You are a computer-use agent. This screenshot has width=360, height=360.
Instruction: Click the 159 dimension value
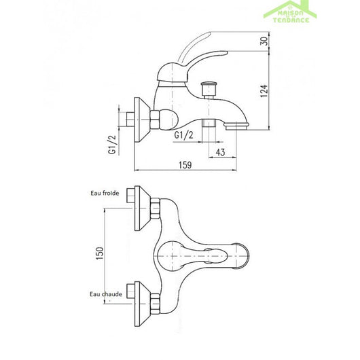(x=185, y=165)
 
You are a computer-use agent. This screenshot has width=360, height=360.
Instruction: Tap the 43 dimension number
(x=220, y=152)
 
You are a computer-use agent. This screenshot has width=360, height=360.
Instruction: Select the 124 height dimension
(x=264, y=91)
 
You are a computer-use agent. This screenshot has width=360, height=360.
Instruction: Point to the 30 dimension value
(x=265, y=41)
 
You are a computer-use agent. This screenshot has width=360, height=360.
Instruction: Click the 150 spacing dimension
(x=100, y=253)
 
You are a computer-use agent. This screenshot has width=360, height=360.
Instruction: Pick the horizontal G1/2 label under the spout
(x=183, y=134)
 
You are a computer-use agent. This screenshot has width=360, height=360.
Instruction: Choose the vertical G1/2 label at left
(x=112, y=145)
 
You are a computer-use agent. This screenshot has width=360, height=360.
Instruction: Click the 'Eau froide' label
(x=105, y=193)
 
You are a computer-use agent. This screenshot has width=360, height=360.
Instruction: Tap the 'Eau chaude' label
(x=106, y=294)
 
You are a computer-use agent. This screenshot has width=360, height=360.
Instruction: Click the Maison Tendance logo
(x=291, y=12)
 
